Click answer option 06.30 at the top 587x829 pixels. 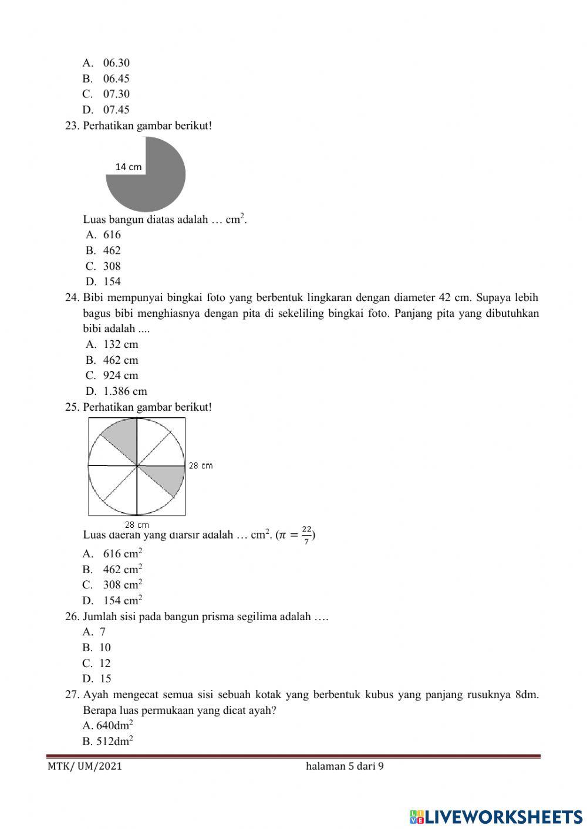(x=116, y=63)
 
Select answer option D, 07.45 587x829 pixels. (x=116, y=110)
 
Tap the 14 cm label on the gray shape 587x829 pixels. (x=129, y=167)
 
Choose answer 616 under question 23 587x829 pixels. (x=112, y=235)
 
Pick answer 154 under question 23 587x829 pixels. (x=112, y=282)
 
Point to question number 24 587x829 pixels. (x=72, y=297)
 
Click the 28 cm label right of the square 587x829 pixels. (x=200, y=466)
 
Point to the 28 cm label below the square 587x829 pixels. (x=137, y=525)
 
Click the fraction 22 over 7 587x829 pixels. (x=306, y=535)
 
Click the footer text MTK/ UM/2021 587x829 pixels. (x=85, y=766)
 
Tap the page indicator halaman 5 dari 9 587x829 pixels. (x=345, y=766)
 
